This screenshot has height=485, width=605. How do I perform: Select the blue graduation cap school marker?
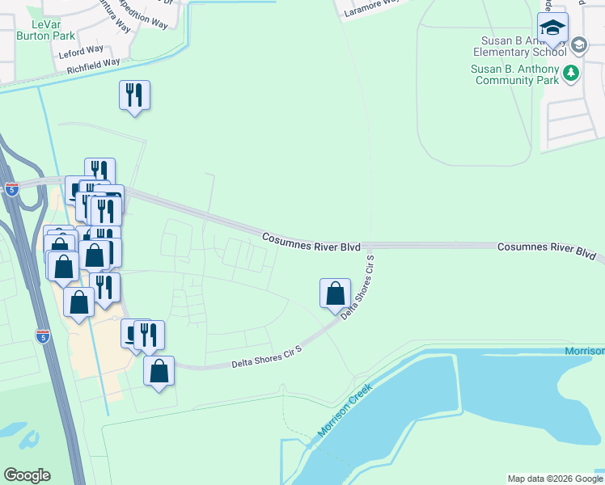point(553,29)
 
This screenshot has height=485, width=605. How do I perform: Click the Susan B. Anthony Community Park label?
point(518,74)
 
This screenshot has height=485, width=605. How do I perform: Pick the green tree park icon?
point(572,74)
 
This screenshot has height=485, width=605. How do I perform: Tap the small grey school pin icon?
point(578,46)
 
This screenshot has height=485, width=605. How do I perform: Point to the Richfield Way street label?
point(89,62)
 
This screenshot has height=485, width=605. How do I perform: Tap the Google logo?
point(27,475)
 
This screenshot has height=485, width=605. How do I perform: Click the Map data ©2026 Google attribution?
point(556,479)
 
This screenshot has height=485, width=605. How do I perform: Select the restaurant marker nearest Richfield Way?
point(134,96)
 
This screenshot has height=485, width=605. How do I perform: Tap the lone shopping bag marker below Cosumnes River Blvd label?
point(335,294)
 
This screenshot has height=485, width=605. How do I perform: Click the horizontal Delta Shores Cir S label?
point(266,358)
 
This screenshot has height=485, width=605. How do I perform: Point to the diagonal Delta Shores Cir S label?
point(360,287)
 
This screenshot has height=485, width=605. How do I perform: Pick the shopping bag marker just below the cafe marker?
point(159,371)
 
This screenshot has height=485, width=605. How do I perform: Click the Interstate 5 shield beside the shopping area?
point(44,335)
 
